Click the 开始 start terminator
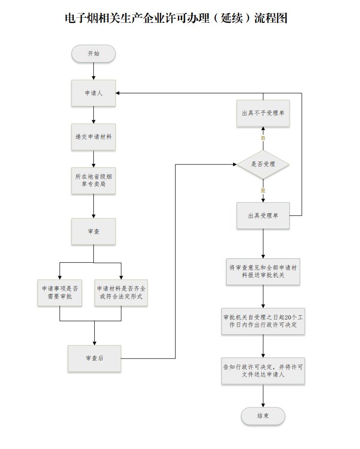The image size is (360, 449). (x=93, y=54)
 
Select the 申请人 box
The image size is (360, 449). (x=93, y=93)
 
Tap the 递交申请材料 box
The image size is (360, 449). (x=93, y=137)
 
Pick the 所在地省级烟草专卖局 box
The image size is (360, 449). (x=93, y=181)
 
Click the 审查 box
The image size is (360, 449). (x=93, y=231)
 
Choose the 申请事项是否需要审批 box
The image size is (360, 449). (x=59, y=292)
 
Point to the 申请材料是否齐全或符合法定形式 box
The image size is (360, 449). (x=121, y=292)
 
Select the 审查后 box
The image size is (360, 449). (x=94, y=358)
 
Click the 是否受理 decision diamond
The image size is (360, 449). (x=263, y=164)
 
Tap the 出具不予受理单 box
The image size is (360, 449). (x=263, y=113)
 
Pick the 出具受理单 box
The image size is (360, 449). (x=263, y=215)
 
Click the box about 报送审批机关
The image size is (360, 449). (x=263, y=271)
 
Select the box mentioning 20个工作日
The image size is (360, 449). (x=263, y=321)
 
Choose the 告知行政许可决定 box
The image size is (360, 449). (x=263, y=370)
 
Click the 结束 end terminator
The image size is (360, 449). (x=263, y=416)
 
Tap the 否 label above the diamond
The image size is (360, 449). (x=263, y=138)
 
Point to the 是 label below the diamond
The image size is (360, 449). (x=263, y=190)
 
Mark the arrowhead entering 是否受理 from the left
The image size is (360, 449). (x=235, y=164)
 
